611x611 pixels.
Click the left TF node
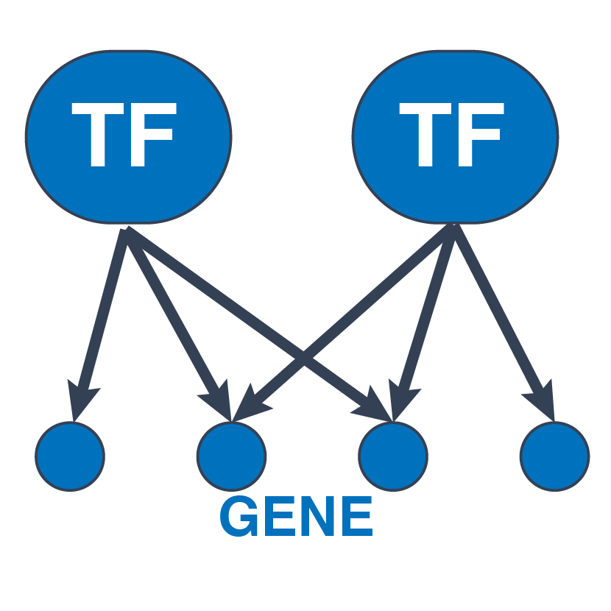[x=128, y=135]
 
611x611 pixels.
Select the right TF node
[x=455, y=135]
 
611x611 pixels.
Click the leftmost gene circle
[x=70, y=456]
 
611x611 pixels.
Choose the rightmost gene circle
[x=554, y=456]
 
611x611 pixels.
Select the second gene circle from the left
[x=231, y=456]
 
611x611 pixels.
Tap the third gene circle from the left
[x=393, y=456]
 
